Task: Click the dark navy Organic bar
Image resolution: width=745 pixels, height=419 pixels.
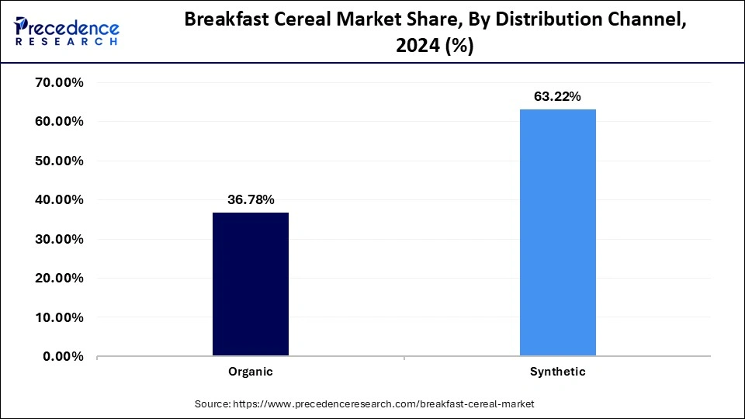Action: point(250,284)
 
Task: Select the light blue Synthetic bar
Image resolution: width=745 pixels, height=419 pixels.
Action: point(557,233)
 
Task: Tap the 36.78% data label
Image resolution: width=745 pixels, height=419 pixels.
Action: point(250,199)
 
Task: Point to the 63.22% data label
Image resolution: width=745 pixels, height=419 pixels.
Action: point(557,96)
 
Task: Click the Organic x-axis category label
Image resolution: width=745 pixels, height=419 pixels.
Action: point(250,372)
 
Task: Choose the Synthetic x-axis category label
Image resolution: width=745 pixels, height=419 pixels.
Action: point(557,372)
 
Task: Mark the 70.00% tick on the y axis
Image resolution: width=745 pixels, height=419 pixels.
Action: point(60,82)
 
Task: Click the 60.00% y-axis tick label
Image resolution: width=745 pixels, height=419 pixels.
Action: point(60,122)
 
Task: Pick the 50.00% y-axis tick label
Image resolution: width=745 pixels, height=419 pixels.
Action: point(60,161)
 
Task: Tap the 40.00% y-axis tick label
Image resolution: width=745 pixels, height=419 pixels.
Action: point(60,199)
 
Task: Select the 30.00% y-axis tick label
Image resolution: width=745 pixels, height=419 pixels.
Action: point(60,239)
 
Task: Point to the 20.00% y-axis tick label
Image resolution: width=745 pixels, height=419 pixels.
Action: point(60,278)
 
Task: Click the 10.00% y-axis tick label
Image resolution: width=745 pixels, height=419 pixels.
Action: point(60,317)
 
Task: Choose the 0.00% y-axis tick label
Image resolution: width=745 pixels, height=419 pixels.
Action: point(63,356)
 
